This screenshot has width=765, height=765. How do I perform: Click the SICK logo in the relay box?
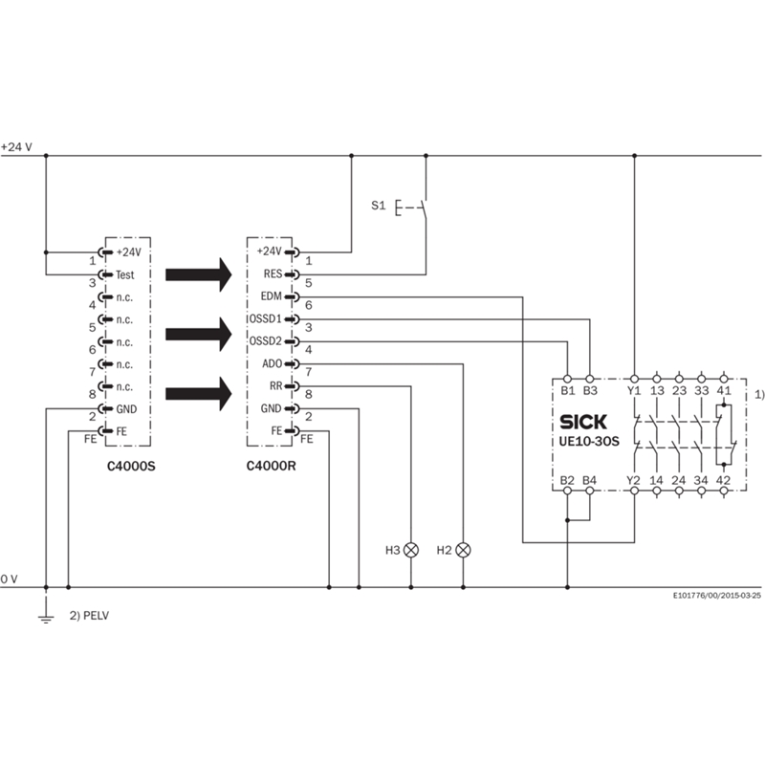pyautogui.click(x=583, y=422)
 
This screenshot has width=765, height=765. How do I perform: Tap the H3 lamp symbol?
pyautogui.click(x=411, y=550)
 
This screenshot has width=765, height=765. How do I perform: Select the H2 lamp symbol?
pyautogui.click(x=463, y=550)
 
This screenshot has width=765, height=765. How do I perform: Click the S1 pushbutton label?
pyautogui.click(x=378, y=206)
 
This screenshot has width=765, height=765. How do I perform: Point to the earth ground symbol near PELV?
pyautogui.click(x=46, y=618)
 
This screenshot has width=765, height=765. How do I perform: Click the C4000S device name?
pyautogui.click(x=131, y=466)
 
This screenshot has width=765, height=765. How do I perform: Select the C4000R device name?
pyautogui.click(x=271, y=466)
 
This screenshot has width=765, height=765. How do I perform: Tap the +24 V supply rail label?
pyautogui.click(x=16, y=147)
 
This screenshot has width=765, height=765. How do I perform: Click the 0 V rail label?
pyautogui.click(x=10, y=579)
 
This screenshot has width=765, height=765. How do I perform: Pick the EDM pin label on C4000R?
pyautogui.click(x=271, y=296)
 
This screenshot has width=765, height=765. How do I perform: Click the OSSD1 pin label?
pyautogui.click(x=266, y=318)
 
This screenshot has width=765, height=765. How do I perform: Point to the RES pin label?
pyautogui.click(x=273, y=273)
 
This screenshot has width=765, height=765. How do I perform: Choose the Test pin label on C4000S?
pyautogui.click(x=125, y=274)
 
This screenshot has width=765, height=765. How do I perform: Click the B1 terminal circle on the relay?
pyautogui.click(x=567, y=379)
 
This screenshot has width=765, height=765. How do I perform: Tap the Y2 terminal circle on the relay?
pyautogui.click(x=634, y=491)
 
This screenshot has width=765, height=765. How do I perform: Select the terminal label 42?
pyautogui.click(x=723, y=480)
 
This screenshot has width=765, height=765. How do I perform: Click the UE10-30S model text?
pyautogui.click(x=589, y=442)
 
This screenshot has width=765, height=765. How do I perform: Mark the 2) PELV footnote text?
pyautogui.click(x=89, y=616)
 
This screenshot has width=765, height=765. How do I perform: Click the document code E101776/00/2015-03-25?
pyautogui.click(x=717, y=596)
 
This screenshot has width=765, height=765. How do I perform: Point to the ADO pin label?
pyautogui.click(x=273, y=363)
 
